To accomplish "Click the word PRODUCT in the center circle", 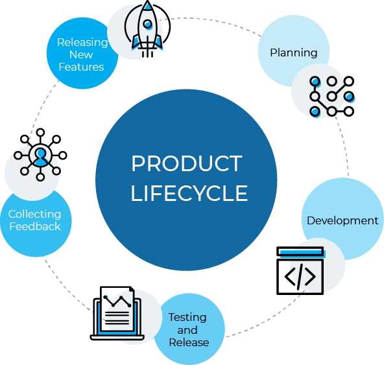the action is coord(187,163).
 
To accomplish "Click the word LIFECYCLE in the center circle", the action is coord(189,193).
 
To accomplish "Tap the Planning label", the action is coord(294,53).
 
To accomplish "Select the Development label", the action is coord(342,220).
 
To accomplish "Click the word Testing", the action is coord(187,318).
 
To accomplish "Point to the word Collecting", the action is coord(34,215).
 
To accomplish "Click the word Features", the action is coord(81,67).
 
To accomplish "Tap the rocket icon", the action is coord(147,29).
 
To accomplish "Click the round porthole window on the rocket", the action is coord(147,24).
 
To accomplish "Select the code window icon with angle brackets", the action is coord(300,270).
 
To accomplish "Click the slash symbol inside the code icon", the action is coord(300,277).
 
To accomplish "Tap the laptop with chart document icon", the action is coord(117,313).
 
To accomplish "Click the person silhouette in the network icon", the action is coord(40,156).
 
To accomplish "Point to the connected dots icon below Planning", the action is coord(332,97).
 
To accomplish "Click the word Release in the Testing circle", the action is coord(189,342).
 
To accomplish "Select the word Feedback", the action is coord(35,226).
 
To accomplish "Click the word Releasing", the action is coord(82,43).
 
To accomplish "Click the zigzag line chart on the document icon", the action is coord(117,301).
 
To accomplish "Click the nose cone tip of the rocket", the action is coord(147,1).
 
